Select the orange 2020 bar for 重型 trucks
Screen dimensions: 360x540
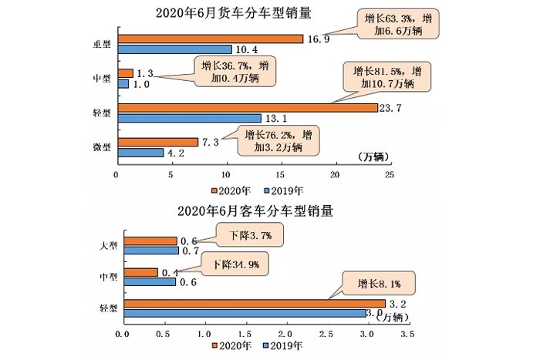click(x=209, y=39)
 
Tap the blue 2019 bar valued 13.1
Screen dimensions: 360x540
click(x=188, y=118)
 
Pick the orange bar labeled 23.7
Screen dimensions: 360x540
click(x=246, y=107)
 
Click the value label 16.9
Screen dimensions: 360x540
click(x=317, y=39)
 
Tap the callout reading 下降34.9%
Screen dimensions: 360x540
click(x=241, y=265)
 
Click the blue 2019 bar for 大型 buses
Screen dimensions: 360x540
click(x=150, y=251)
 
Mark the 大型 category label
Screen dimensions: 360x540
click(x=108, y=246)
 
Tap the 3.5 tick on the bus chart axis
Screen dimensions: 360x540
click(x=407, y=334)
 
